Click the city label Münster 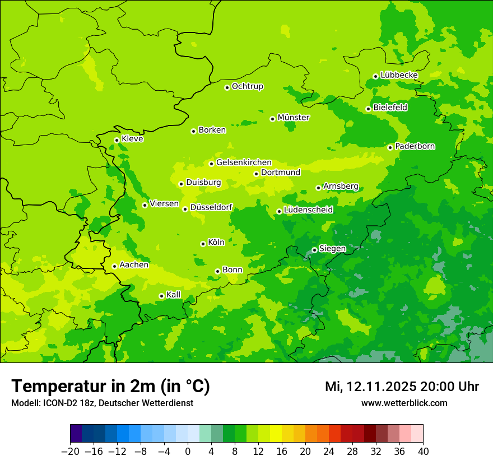coord(294,118)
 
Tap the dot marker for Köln coord(203,244)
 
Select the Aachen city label coord(134,265)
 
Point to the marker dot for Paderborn coord(390,147)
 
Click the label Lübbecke coord(399,75)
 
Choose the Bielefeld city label coord(390,108)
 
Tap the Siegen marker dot coord(314,250)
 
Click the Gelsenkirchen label coord(244,162)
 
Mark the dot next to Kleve coord(117,140)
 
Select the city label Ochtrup coord(247,86)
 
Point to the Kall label coord(174,295)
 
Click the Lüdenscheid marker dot coord(279,211)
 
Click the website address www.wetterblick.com coord(404,403)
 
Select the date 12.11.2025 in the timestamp coord(377,387)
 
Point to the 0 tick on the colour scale coord(188,452)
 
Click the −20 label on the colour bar coord(70,452)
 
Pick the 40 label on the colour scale coord(423,452)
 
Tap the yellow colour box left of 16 coord(276,434)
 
